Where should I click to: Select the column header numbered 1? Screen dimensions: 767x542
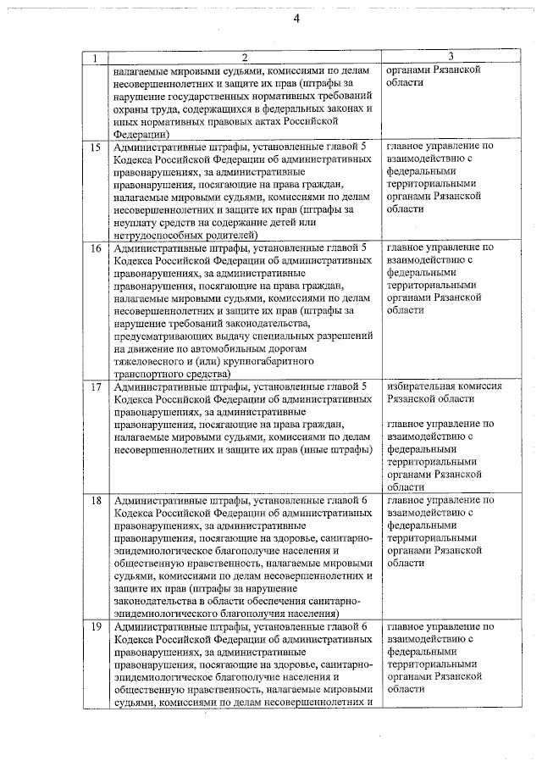pos(95,58)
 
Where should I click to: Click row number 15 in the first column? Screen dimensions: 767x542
pos(95,147)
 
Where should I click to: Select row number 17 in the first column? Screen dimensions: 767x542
pos(95,386)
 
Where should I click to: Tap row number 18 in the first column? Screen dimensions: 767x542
pos(95,501)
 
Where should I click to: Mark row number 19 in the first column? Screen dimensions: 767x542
pos(95,626)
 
